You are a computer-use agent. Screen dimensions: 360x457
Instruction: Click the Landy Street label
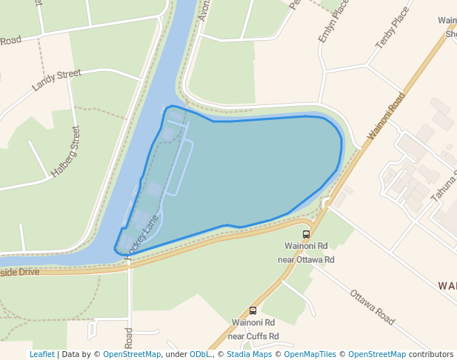coord(56,79)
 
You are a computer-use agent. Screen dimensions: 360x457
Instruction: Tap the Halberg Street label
coord(66,151)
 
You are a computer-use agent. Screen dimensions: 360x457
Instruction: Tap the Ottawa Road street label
coord(372,307)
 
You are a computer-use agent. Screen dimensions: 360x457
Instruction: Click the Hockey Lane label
coord(144,235)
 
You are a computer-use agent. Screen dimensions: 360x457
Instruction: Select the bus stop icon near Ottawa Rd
coord(307,234)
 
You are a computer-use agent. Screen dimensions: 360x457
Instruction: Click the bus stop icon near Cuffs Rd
coord(253,311)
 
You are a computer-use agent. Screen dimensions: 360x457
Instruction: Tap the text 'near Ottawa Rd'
coord(306,260)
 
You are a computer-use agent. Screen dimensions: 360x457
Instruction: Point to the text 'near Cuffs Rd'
coord(253,336)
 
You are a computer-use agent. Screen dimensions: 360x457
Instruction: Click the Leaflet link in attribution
coord(41,354)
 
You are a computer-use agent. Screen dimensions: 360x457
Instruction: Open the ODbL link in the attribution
coord(200,354)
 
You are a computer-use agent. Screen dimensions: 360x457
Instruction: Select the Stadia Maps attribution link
coord(249,354)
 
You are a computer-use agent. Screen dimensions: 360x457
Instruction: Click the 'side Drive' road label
coord(20,272)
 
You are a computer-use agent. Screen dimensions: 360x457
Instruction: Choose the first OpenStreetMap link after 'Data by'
coord(132,354)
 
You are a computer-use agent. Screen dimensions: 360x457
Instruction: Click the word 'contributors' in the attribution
coord(431,354)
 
